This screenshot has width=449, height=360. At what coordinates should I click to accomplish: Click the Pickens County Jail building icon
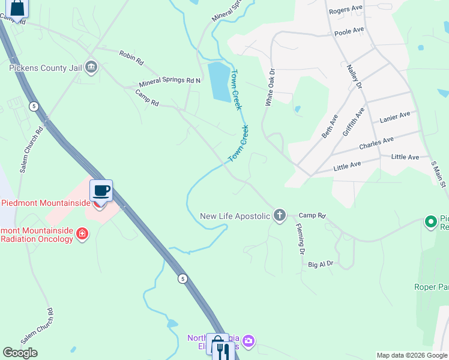point(91,66)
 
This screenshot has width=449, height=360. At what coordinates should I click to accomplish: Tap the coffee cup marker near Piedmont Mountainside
point(101,191)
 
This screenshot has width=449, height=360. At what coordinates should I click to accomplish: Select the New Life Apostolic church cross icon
point(279,215)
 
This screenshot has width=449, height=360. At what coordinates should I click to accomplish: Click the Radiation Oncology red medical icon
point(83,233)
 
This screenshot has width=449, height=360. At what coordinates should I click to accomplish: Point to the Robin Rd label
point(131,58)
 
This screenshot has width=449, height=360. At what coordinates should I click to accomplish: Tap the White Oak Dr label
point(270,88)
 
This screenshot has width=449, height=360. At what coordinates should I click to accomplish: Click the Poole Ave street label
point(349,31)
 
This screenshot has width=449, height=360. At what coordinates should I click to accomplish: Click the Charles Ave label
point(376,143)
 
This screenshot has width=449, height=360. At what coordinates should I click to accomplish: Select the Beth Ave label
point(330,126)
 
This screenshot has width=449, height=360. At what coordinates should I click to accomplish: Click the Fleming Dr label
point(300,239)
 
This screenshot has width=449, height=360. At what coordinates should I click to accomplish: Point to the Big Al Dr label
point(321,263)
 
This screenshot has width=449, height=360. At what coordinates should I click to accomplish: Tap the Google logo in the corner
point(20,353)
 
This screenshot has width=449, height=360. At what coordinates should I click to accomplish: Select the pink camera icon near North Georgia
point(249,342)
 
